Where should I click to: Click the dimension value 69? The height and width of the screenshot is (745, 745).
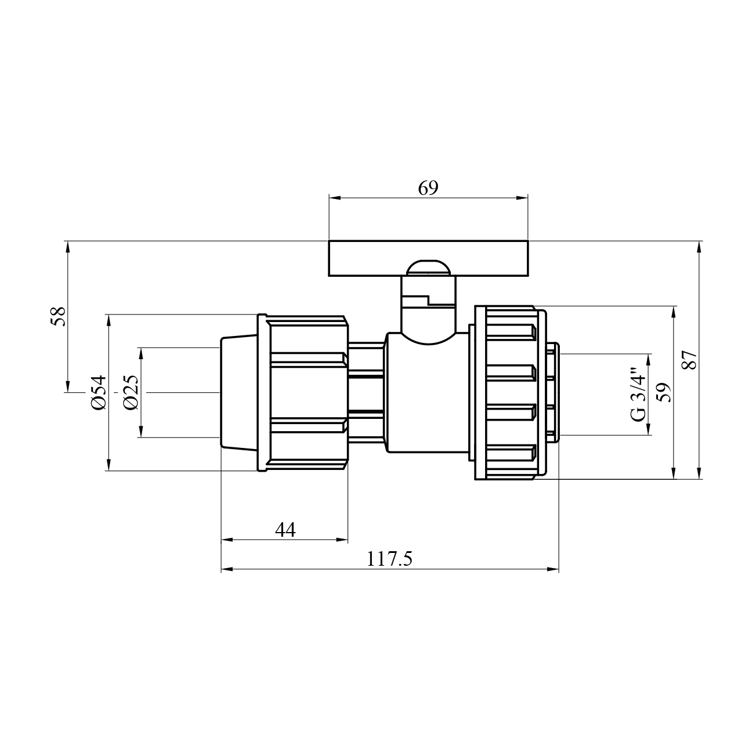pyautogui.click(x=428, y=188)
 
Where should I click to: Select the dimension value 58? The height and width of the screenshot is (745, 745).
pyautogui.click(x=59, y=317)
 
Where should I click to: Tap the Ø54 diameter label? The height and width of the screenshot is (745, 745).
pyautogui.click(x=98, y=392)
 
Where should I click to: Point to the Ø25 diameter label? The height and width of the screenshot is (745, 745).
pyautogui.click(x=131, y=392)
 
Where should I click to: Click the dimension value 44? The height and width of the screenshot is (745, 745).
pyautogui.click(x=285, y=530)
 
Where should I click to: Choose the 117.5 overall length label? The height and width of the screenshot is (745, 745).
pyautogui.click(x=389, y=559)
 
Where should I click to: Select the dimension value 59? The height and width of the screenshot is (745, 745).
pyautogui.click(x=664, y=392)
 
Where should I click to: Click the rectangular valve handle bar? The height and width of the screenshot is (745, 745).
pyautogui.click(x=428, y=258)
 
